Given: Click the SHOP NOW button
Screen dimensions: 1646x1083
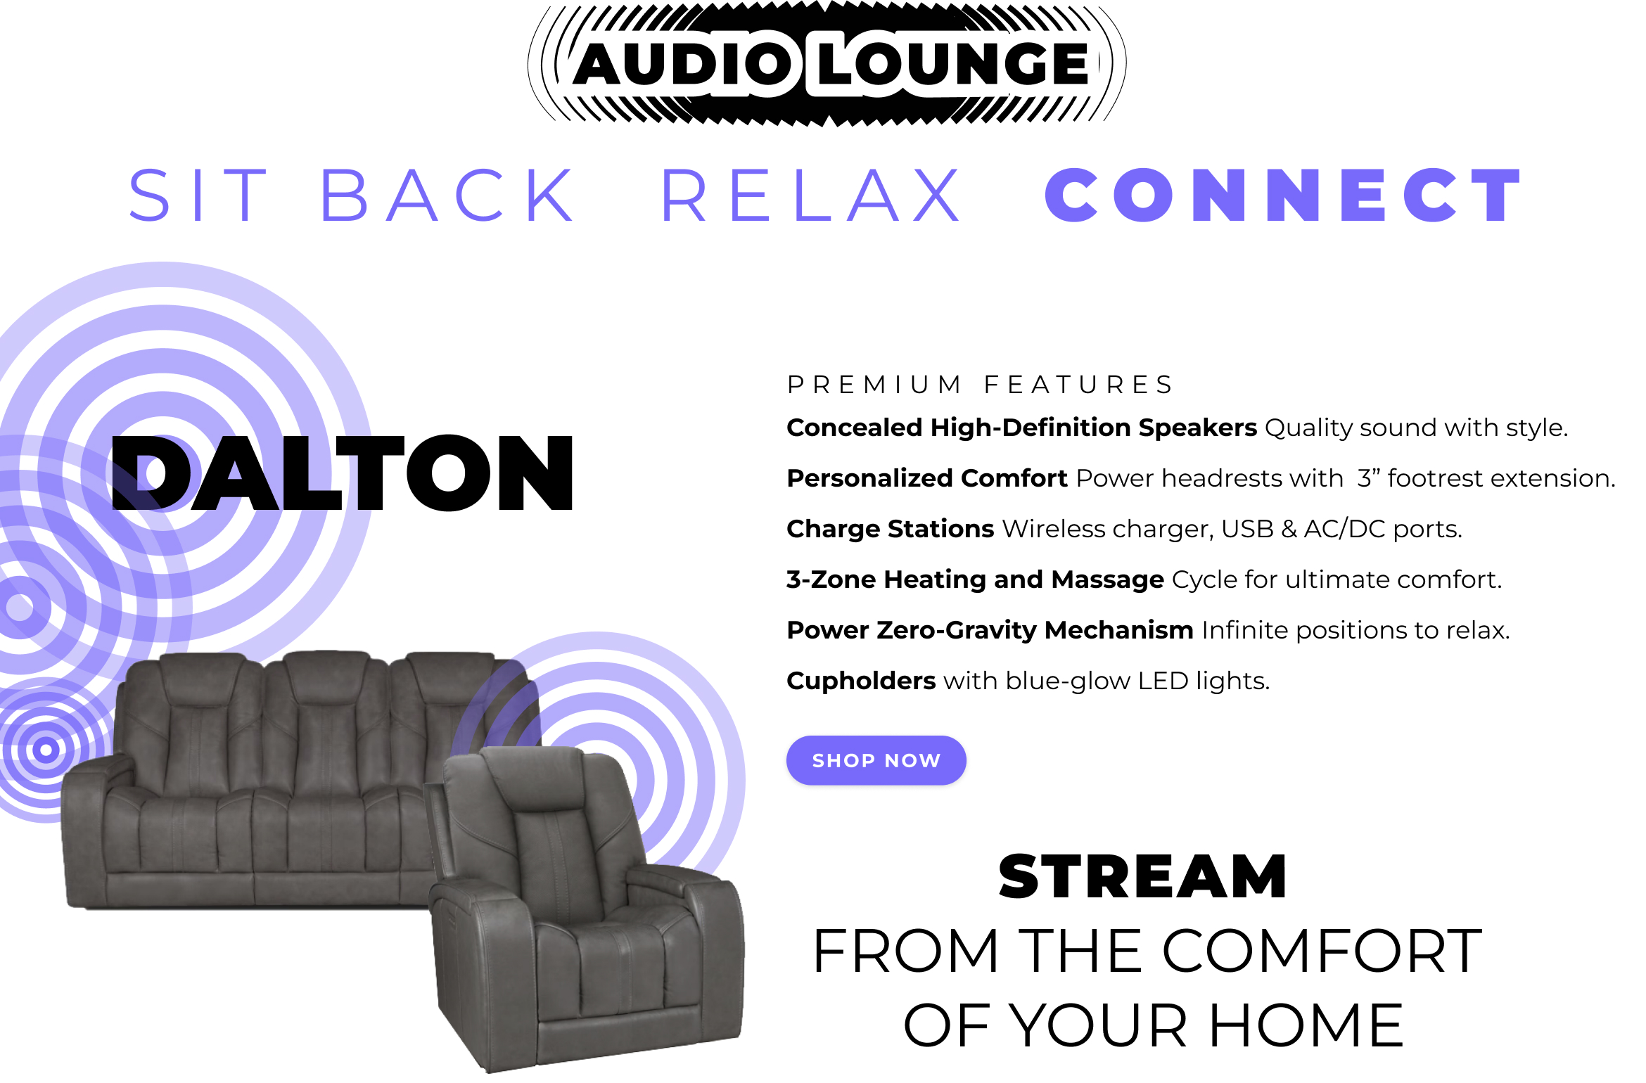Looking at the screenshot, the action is (x=876, y=760).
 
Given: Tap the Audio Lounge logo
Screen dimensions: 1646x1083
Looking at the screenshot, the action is (x=827, y=63).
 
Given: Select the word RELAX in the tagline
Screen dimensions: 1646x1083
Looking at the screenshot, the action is (x=811, y=196).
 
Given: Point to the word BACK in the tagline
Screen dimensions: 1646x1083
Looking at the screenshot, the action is (x=448, y=196).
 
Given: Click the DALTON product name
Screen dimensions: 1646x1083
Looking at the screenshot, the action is (x=343, y=473).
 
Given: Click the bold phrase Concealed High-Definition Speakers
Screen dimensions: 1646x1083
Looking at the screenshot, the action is (x=1021, y=428).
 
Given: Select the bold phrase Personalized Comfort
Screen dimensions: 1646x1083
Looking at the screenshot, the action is (x=927, y=478).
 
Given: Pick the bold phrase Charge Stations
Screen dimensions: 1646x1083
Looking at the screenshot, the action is (x=890, y=529).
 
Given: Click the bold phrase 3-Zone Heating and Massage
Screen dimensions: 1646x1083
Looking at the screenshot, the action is (x=975, y=579).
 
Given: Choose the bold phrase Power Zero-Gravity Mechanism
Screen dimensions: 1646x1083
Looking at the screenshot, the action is (x=990, y=630).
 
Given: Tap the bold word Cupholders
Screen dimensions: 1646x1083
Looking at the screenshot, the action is (x=861, y=681).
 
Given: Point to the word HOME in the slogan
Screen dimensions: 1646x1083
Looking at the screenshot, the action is (x=1306, y=1025).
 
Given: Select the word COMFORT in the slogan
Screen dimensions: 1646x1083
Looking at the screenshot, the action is (x=1322, y=951).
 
